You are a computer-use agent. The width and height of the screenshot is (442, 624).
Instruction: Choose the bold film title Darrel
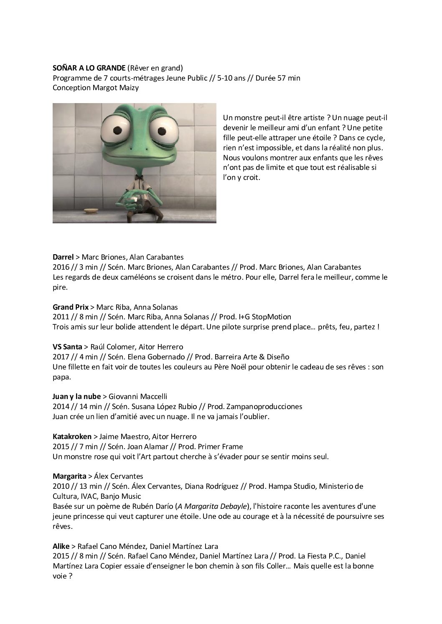[63, 257]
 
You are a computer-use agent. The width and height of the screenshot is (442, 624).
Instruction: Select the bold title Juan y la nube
[76, 397]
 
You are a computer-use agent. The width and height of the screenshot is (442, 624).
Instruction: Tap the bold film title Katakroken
[72, 437]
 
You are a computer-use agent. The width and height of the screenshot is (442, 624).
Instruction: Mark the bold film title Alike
[61, 546]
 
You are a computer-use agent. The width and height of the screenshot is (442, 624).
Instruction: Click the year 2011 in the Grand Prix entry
[60, 317]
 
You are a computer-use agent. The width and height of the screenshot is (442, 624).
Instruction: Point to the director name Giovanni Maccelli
[138, 397]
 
